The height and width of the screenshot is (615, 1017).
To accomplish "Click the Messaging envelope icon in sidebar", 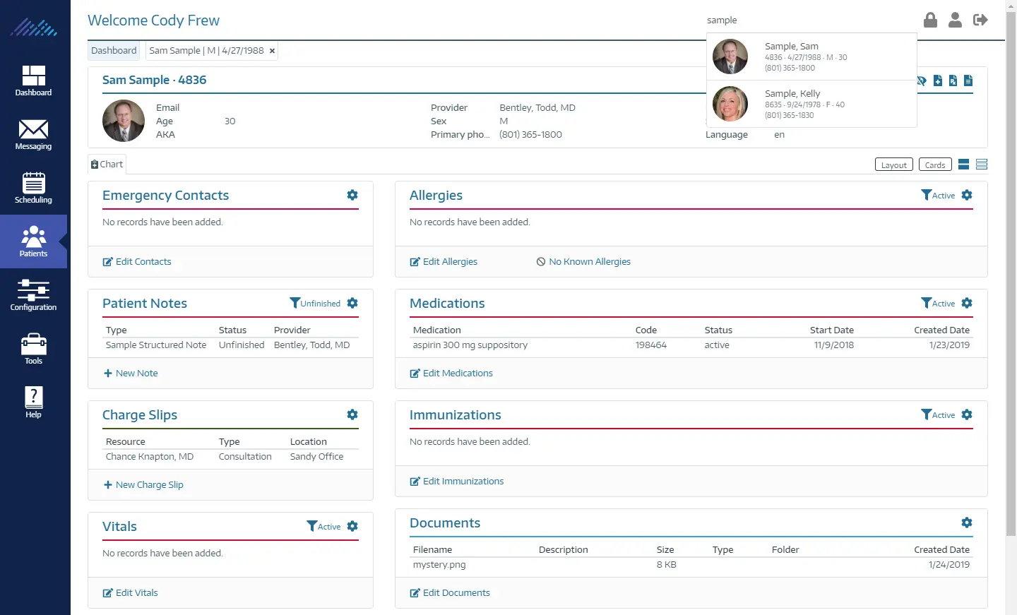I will [33, 130].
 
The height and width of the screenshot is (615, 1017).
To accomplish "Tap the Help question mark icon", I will [33, 398].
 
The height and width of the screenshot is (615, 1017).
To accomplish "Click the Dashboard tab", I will [114, 51].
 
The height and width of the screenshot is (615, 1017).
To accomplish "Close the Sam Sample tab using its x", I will [272, 51].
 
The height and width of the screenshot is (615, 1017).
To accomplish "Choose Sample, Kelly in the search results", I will [792, 94].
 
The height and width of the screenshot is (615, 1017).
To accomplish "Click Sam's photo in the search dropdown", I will [730, 56].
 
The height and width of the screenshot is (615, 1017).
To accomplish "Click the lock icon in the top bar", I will [930, 20].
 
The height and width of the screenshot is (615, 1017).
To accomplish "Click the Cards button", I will [934, 165].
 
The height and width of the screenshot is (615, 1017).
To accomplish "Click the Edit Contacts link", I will [143, 262].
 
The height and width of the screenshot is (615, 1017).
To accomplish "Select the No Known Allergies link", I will [589, 262].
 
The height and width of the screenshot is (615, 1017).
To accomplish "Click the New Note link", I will [136, 374].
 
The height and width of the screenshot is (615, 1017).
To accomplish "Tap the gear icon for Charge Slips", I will [352, 414].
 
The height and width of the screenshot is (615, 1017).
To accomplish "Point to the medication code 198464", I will [650, 345].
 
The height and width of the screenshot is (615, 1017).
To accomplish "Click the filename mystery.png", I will [439, 565].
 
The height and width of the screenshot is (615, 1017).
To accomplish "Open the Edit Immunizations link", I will [463, 482].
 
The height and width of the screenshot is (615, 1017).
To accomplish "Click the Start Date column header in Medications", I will [831, 330].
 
